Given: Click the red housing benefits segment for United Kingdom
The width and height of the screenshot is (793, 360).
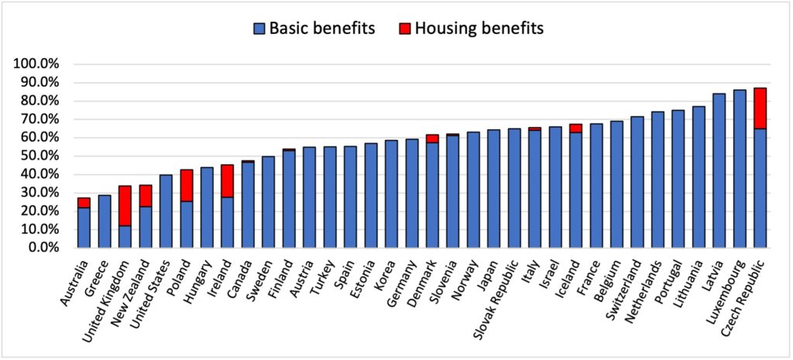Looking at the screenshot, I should pyautogui.click(x=125, y=206).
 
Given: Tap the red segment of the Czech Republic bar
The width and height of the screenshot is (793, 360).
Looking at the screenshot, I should pyautogui.click(x=760, y=108).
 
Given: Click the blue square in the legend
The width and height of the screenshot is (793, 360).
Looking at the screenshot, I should pyautogui.click(x=259, y=29).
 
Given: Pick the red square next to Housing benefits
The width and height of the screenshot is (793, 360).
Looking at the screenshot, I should pyautogui.click(x=404, y=29).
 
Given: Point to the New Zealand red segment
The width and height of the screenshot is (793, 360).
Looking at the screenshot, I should pyautogui.click(x=146, y=196).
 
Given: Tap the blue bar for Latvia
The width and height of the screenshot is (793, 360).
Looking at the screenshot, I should pyautogui.click(x=719, y=170).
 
